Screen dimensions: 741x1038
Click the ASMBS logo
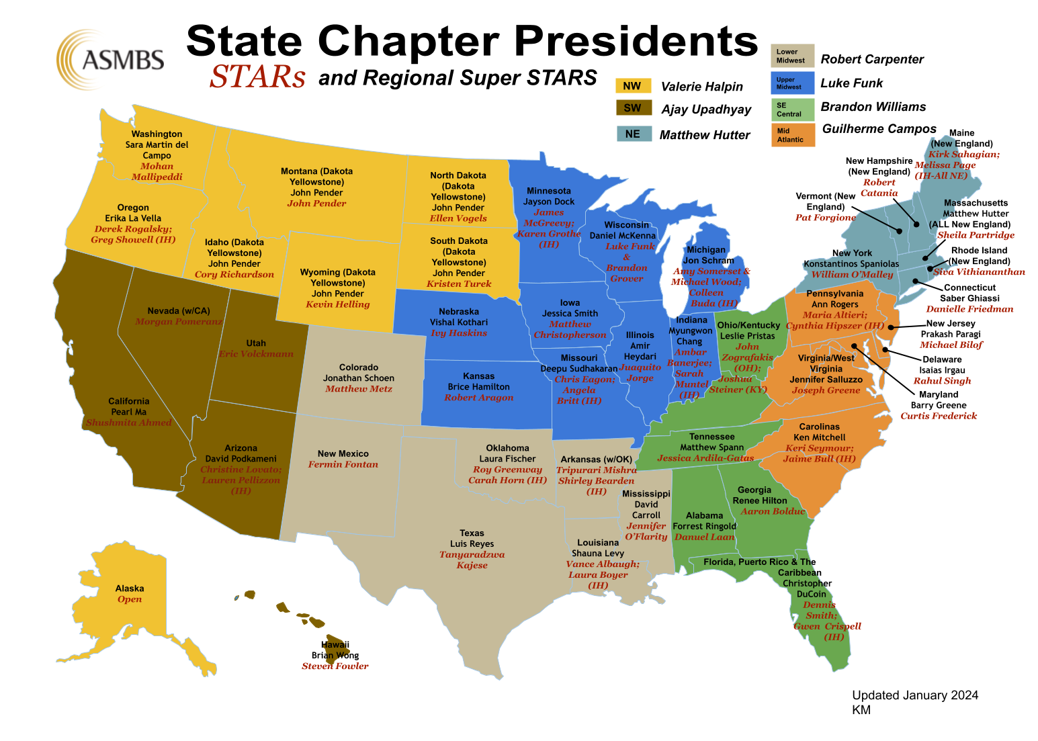[x=112, y=60]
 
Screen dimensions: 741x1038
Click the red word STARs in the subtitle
[x=257, y=77]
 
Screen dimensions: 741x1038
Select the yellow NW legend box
[x=633, y=86]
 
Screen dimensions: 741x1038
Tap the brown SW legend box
[x=633, y=108]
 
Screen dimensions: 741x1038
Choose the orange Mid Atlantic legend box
[x=792, y=135]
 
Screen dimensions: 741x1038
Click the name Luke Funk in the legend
[x=851, y=83]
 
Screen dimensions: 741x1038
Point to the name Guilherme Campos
[x=879, y=129]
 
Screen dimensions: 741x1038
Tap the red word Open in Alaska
[x=130, y=599]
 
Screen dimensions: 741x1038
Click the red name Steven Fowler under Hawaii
[x=335, y=666]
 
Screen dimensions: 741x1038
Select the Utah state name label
[x=256, y=343]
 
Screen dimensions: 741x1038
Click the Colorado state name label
[x=359, y=367]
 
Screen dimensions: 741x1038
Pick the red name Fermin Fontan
[x=343, y=464]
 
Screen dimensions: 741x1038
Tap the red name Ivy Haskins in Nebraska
[x=459, y=333]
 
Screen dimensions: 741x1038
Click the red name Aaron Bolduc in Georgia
[x=773, y=511]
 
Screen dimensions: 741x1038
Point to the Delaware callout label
[x=942, y=359]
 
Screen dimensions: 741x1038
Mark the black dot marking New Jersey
[x=891, y=328]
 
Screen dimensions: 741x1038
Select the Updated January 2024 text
[x=915, y=695]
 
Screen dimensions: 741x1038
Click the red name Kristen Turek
[x=459, y=284]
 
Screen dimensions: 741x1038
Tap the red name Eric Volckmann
[x=256, y=354]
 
